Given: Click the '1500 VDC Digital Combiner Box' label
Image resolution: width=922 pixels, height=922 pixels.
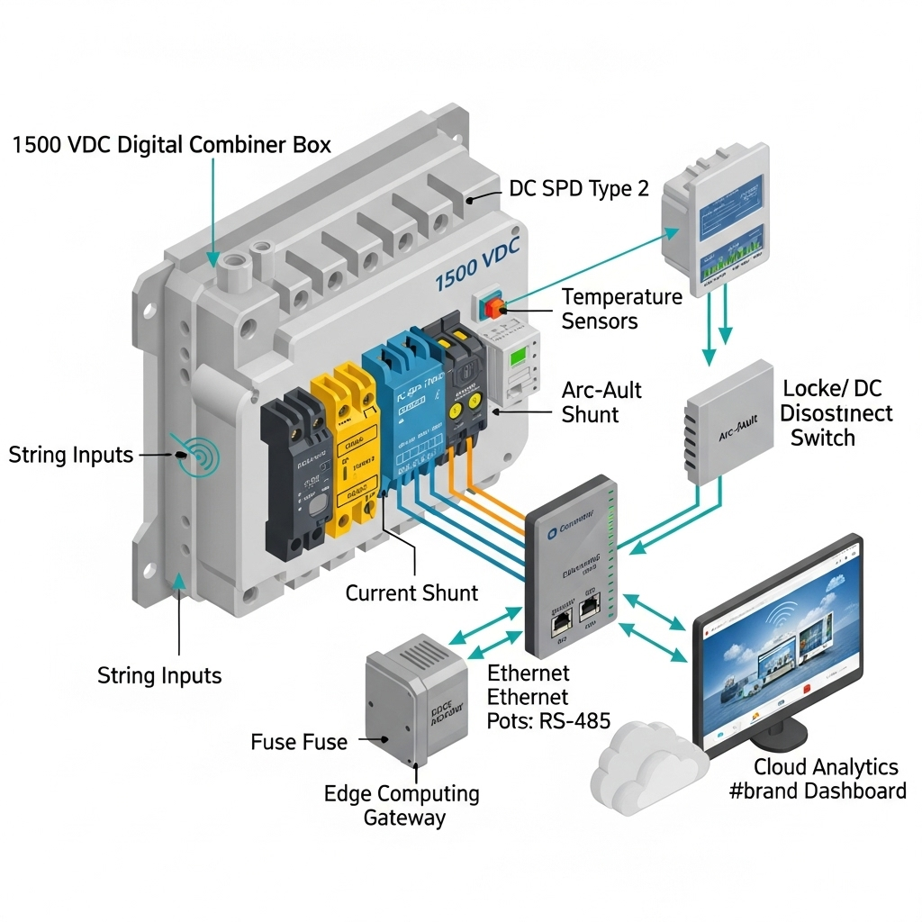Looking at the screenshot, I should pos(171,144).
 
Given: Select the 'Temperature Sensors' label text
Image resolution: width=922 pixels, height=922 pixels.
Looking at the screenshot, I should pos(621,308).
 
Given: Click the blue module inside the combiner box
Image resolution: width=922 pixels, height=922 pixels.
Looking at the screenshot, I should pos(401,405).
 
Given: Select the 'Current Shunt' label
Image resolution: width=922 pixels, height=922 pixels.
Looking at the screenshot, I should pos(412,593).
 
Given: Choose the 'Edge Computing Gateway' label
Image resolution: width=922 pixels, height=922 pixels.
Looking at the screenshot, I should pos(402,805).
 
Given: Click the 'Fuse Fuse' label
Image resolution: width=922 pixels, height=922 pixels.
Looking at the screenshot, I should pos(298,742).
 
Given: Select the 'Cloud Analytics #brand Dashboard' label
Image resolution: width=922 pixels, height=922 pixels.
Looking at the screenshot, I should pos(829,779).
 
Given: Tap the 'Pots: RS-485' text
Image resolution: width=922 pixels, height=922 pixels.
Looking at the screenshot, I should pos(548,720).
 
